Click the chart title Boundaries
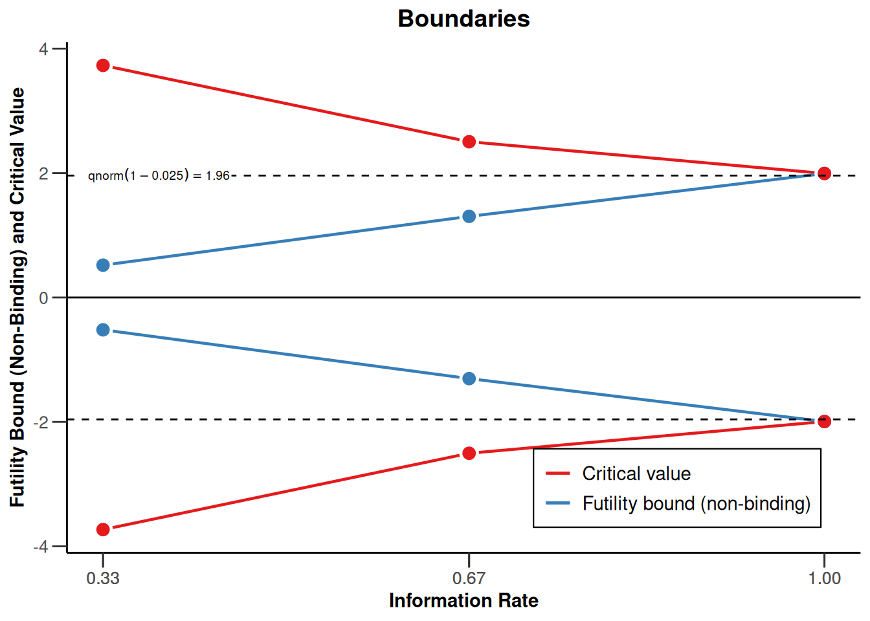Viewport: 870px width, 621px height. click(463, 19)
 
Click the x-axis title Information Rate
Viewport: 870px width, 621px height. click(463, 601)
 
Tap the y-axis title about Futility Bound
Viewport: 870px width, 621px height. click(17, 298)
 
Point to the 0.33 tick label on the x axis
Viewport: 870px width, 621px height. click(103, 578)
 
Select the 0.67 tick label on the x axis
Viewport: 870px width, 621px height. click(469, 578)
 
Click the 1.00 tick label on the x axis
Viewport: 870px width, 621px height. click(824, 578)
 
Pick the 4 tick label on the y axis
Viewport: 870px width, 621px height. click(43, 49)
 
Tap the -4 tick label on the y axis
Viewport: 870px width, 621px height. click(41, 547)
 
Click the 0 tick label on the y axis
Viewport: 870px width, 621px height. click(43, 298)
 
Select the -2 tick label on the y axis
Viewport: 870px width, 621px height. click(41, 422)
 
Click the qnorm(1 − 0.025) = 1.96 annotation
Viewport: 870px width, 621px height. click(159, 175)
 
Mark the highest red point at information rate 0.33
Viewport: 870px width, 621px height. click(103, 65)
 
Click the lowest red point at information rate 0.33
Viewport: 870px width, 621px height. click(103, 530)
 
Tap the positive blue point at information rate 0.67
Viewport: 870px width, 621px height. click(469, 216)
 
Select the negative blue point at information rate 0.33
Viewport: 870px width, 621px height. click(103, 330)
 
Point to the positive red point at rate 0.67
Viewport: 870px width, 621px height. click(469, 142)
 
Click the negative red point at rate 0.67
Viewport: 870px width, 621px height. click(469, 453)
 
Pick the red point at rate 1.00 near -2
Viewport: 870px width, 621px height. click(824, 421)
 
